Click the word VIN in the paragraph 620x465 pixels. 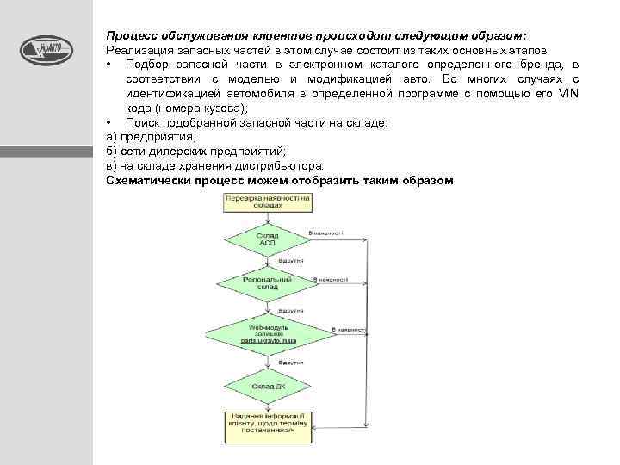[x=567, y=93]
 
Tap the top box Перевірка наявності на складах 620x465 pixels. [x=268, y=201]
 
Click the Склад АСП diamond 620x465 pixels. [x=267, y=239]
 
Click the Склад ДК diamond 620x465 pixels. [x=267, y=387]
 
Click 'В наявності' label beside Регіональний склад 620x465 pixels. [x=331, y=279]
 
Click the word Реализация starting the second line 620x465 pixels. [x=136, y=51]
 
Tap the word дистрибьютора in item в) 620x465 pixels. [x=284, y=165]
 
